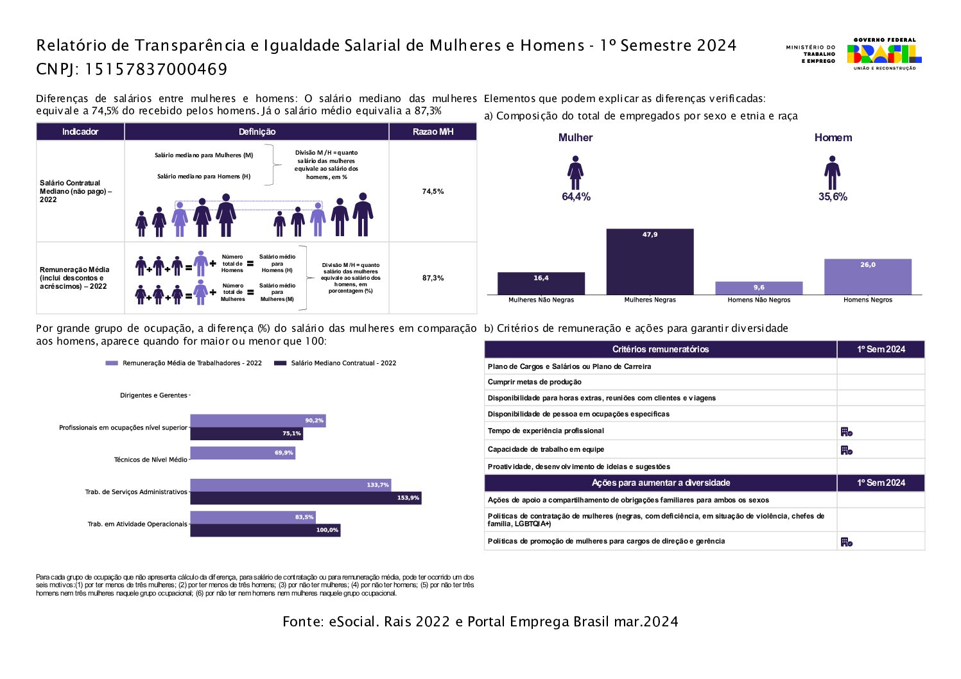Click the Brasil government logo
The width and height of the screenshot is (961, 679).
pos(884,54)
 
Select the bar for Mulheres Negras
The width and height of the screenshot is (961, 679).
pos(650,262)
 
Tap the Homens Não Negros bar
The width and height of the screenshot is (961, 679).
pos(759,288)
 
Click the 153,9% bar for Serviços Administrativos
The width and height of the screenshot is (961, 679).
pos(306,498)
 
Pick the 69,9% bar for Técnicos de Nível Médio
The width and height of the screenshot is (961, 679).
pos(243,453)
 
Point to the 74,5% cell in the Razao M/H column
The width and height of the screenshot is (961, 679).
pos(433,191)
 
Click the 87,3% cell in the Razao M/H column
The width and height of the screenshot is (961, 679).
pos(433,278)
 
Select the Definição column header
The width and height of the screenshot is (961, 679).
pos(257,132)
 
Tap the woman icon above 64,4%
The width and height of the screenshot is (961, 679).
pos(575,173)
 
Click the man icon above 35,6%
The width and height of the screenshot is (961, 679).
pos(833,173)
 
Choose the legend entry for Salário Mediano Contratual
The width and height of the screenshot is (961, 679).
pos(335,363)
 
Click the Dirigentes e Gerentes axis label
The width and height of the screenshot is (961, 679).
pos(153,395)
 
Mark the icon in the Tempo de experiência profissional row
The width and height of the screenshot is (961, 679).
pos(847,432)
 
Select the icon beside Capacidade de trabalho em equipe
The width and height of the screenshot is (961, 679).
pos(847,451)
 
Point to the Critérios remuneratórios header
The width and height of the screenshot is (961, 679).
pos(661,349)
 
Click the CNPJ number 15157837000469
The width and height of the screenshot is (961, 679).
pos(156,69)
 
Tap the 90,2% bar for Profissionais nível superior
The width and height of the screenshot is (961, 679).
pos(258,421)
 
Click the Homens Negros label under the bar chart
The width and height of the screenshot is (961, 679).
pos(867,300)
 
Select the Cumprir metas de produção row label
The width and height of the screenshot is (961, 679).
pos(535,382)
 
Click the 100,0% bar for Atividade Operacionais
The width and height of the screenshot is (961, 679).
pos(265,530)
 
